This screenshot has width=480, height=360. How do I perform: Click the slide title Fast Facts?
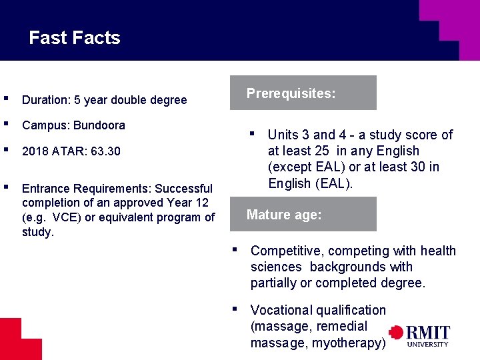tap(75, 38)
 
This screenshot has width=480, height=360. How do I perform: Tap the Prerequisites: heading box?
tap(303, 93)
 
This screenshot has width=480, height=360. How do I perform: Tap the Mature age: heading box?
tap(303, 215)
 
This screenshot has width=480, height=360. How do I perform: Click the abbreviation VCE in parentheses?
tap(65, 217)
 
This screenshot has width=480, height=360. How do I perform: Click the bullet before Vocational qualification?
tap(235, 308)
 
